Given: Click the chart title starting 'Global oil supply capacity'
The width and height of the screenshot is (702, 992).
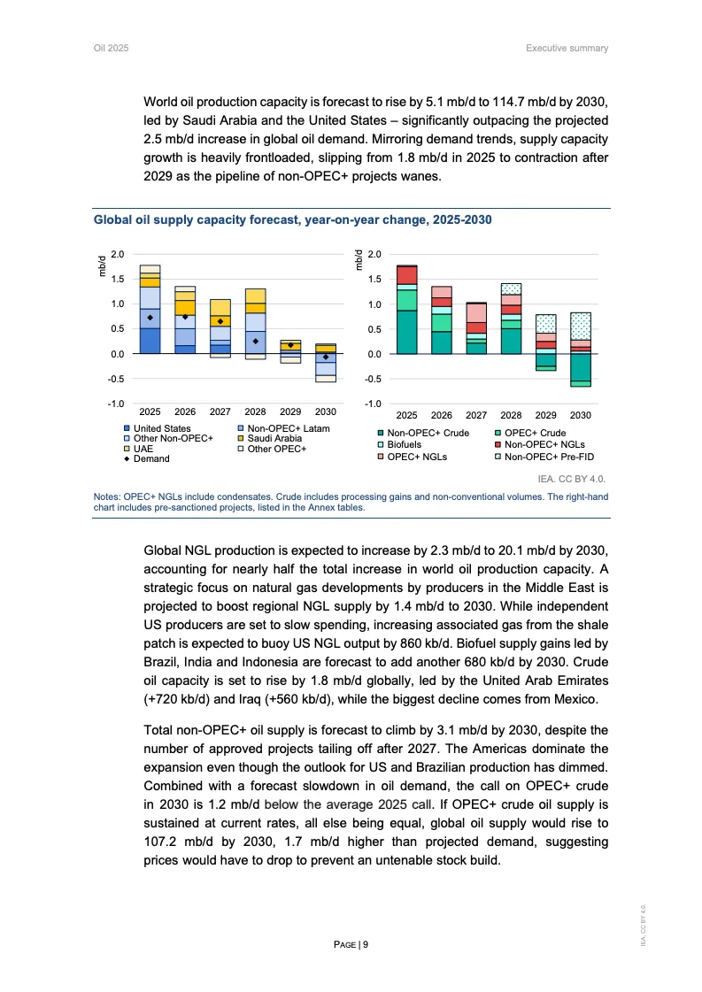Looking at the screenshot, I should click(293, 218).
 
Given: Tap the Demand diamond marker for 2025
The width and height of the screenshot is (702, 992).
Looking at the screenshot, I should click(150, 318).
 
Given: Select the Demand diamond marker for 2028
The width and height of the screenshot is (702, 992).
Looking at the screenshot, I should click(255, 341).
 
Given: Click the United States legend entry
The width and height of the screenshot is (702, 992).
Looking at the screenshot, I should click(162, 428).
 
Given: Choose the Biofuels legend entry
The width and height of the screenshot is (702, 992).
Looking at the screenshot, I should click(406, 444).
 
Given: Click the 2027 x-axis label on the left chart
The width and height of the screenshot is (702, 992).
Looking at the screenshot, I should click(220, 411).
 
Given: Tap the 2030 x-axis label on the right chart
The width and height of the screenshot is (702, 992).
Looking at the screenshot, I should click(581, 414).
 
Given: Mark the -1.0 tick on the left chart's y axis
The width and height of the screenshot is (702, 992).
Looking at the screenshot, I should click(116, 404).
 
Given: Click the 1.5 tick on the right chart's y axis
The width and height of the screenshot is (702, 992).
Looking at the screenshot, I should click(373, 280).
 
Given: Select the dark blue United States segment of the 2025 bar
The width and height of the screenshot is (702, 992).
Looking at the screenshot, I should click(150, 341).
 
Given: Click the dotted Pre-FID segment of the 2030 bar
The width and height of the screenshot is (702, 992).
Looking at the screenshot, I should click(581, 326).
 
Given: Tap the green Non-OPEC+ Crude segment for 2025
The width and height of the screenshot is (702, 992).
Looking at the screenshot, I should click(406, 332).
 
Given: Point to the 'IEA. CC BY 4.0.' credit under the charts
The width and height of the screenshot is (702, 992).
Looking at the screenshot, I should click(577, 478).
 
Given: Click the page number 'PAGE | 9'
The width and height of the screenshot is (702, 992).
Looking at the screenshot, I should click(351, 944).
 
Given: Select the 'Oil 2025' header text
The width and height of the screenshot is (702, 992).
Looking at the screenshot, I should click(112, 48).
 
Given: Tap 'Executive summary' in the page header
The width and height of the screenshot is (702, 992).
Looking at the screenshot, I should click(567, 48).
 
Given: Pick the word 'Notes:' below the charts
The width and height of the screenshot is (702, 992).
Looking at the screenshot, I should click(108, 497).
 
